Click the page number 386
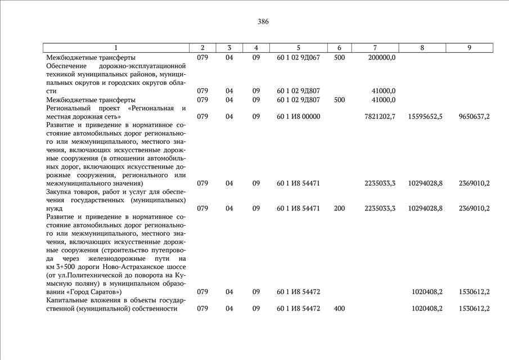263,22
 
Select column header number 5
298,48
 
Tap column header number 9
469,48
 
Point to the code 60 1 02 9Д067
298,57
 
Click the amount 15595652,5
425,116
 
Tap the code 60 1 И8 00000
298,116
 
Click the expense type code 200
339,208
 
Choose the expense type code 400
339,308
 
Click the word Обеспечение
67,66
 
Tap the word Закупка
60,192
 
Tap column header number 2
202,48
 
